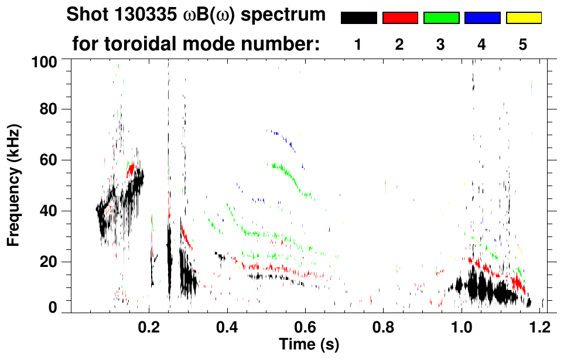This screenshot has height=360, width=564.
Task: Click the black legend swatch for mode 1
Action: [359, 18]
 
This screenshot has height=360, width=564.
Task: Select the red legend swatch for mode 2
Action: [400, 18]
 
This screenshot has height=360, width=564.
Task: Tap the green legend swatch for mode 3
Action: [441, 18]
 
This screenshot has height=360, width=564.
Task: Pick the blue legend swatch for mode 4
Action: [482, 18]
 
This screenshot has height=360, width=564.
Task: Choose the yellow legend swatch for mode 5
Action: [523, 18]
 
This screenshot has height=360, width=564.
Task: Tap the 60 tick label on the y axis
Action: [50, 160]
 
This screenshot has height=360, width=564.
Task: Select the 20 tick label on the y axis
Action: [50, 262]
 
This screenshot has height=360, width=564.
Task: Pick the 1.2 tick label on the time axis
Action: [539, 325]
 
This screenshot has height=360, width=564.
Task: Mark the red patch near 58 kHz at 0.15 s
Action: [131, 170]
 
